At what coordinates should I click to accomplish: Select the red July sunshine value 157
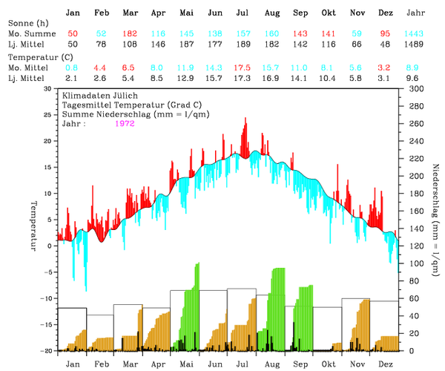coord(242,35)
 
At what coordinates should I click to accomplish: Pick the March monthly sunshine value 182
coord(129,35)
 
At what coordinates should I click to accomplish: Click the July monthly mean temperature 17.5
coord(242,67)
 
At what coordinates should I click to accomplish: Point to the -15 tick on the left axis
coord(46,324)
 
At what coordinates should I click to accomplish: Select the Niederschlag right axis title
coord(434,215)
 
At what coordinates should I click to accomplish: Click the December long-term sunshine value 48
coord(384,45)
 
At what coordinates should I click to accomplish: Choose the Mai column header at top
coord(186,13)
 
